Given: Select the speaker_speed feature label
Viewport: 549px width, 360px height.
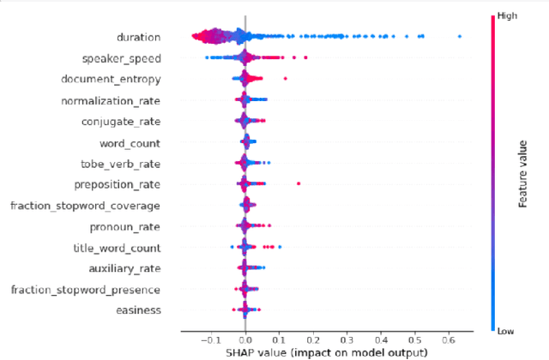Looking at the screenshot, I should tap(121, 58).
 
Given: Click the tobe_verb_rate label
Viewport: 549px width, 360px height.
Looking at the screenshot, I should tap(130, 163).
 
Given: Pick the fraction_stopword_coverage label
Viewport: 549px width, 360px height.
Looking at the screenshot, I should tap(96, 206).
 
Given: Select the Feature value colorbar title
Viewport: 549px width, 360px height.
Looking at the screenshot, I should tap(522, 171).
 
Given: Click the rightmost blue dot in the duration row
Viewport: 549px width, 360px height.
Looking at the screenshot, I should tap(460, 36).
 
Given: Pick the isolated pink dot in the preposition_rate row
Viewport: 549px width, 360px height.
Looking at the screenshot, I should tap(298, 183).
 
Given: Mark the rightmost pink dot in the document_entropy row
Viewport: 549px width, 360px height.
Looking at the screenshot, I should tap(285, 79).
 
